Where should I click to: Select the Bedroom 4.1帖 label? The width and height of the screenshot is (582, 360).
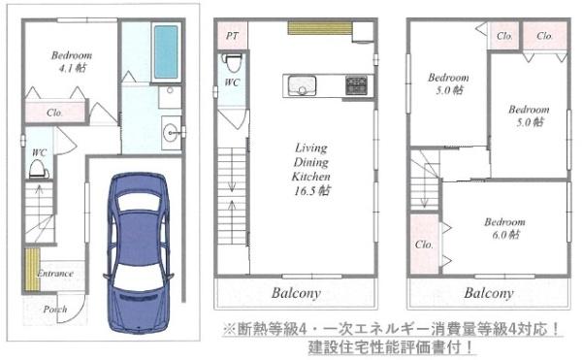point(72,61)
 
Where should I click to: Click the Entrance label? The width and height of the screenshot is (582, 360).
point(55,274)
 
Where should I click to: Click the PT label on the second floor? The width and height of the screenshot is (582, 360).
point(232,36)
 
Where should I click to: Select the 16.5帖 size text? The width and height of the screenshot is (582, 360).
point(311,192)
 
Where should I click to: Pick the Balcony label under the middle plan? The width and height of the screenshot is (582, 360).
point(296,293)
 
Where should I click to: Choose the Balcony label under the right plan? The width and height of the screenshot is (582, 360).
point(488,293)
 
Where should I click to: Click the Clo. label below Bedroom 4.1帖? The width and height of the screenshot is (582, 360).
point(54,113)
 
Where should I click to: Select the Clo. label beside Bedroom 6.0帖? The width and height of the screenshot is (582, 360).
point(424,245)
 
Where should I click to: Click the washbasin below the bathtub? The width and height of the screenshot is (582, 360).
point(171,131)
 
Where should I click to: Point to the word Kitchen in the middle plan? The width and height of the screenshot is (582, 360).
point(311,178)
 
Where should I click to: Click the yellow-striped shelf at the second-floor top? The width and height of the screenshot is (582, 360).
point(318,28)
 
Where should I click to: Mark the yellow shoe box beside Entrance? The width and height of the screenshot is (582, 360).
point(30,265)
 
